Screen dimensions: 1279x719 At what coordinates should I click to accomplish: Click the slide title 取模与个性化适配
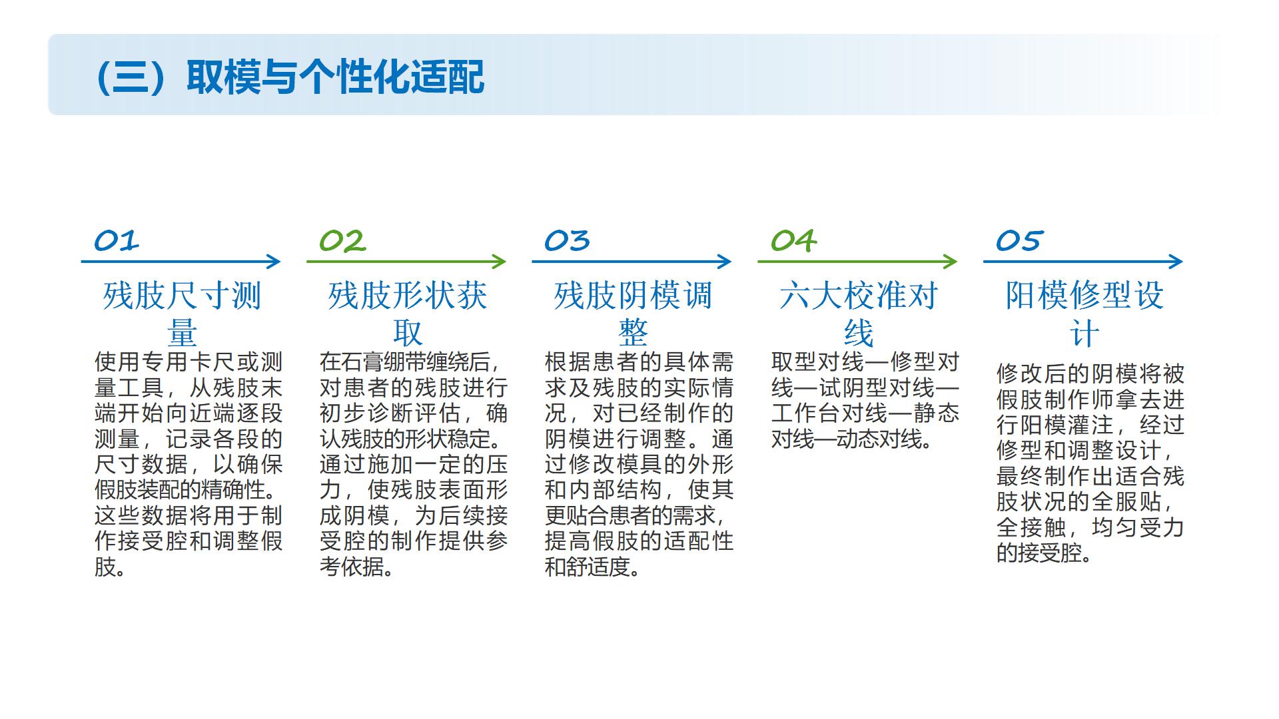point(336,77)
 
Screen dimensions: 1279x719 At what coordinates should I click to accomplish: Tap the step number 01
point(117,241)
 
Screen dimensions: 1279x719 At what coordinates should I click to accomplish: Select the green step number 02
point(342,241)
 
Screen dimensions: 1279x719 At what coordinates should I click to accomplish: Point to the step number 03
point(568,241)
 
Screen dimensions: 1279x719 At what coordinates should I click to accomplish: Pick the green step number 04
point(793,241)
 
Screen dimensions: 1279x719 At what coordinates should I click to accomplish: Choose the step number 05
point(1019,241)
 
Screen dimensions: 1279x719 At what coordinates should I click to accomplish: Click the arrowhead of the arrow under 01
point(274,262)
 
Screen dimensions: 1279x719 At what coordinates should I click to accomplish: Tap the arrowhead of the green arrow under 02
point(500,262)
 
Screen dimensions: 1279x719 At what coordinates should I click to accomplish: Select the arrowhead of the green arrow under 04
point(951,262)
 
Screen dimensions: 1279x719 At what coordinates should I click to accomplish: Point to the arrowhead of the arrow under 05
point(1176,262)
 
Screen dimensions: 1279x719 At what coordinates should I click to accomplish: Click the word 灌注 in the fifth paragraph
point(1090,425)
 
